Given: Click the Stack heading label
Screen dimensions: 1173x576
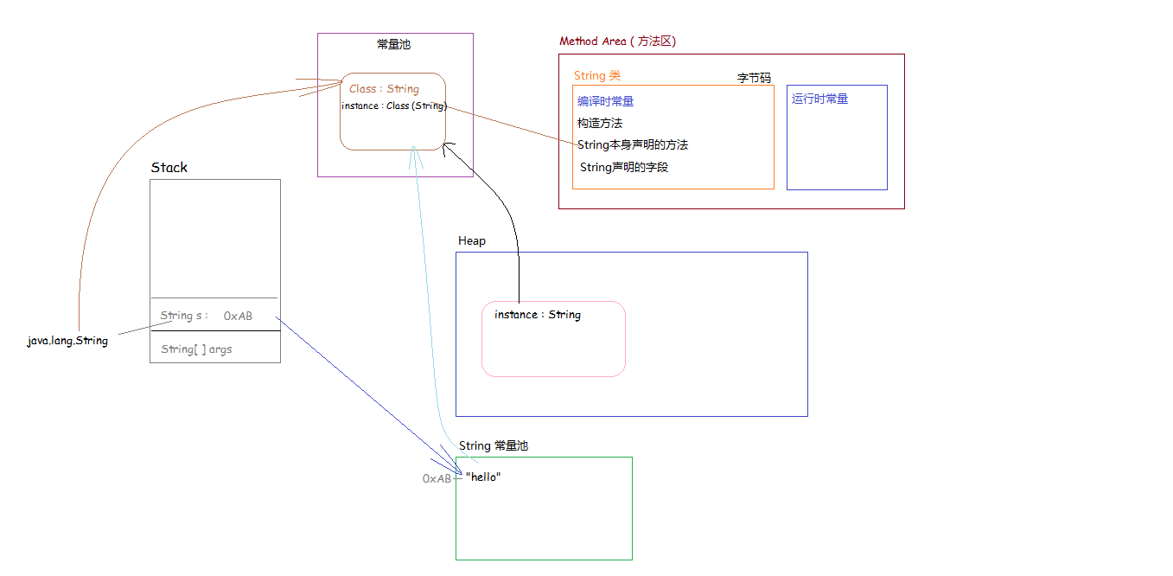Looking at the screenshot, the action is coord(169,167).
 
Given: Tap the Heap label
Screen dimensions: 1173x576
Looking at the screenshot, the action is coord(472,240).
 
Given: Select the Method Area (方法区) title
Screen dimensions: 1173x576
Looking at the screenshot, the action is coord(618,41).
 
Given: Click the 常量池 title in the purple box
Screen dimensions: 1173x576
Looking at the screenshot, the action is coord(394,45).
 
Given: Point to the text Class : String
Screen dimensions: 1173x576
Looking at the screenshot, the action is coord(385,88).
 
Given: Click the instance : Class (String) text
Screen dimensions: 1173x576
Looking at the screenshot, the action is coord(394,106).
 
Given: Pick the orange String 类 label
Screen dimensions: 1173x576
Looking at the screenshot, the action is coord(597,75).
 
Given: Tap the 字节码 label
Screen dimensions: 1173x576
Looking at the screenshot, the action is coord(754,78).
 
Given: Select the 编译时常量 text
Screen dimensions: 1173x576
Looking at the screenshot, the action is coord(606,101).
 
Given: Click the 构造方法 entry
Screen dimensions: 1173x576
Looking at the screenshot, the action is coord(600,123).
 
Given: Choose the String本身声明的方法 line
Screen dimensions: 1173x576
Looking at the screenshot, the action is coord(633,144).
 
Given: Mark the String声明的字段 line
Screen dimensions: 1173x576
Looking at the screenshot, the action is coord(624,167).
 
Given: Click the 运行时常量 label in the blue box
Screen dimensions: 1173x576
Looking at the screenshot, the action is coord(820,99).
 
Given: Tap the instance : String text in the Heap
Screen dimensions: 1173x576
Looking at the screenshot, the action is coord(538,315).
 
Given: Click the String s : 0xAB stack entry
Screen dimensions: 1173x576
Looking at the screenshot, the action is coord(207,316).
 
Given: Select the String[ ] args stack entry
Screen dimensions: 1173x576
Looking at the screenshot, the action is coord(196,349).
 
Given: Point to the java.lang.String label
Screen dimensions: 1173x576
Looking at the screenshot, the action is coord(67,341).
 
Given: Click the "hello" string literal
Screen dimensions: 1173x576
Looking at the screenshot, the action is coord(483,477).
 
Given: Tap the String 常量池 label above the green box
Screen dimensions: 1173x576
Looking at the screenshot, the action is coord(494,445).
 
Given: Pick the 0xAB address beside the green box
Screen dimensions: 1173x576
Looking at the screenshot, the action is coord(437,478).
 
